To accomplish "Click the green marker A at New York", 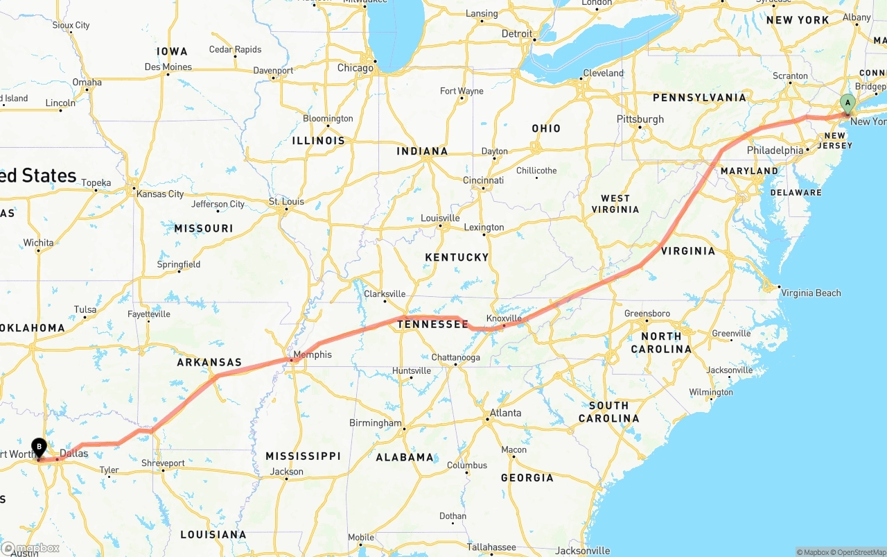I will [847, 103].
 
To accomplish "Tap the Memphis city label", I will [312, 354].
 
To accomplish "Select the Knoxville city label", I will [503, 318].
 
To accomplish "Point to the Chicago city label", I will [355, 68].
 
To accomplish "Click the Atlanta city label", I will [505, 413].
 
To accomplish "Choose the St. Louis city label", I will [286, 202].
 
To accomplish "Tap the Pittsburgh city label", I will [640, 119].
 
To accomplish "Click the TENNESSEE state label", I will [432, 324].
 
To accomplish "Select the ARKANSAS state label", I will [209, 362].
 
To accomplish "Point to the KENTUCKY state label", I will [457, 257].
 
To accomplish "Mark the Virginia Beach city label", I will [811, 293].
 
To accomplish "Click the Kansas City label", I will [160, 194].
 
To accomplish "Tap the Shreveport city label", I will [163, 463].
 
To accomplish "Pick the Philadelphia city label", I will [775, 151].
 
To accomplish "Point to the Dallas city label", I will [73, 454].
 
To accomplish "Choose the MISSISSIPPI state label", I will [303, 456].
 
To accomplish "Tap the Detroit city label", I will [517, 33].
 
